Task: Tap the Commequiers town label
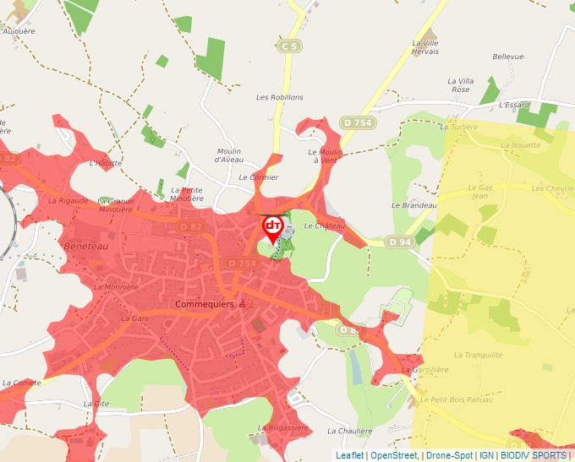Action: click(x=203, y=303)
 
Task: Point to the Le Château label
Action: click(x=325, y=226)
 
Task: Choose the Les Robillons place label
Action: click(x=280, y=97)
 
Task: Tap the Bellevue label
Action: click(x=508, y=57)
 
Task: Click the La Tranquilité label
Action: click(x=479, y=356)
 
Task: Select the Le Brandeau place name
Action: click(x=413, y=205)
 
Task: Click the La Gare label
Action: click(x=134, y=318)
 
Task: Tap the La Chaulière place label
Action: click(x=349, y=431)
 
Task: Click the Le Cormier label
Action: click(x=258, y=177)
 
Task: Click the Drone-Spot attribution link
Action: click(x=449, y=455)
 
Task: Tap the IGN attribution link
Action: click(x=486, y=455)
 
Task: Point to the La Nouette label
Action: click(x=519, y=145)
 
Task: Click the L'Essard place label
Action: click(x=513, y=106)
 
